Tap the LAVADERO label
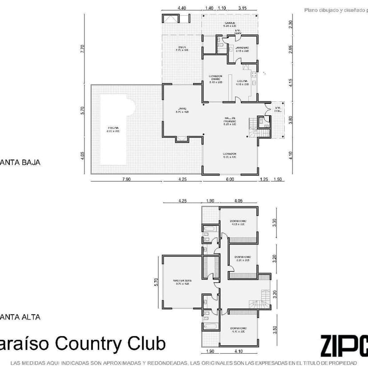coord(242,48)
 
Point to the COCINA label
coord(242,81)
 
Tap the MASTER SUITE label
coord(183,280)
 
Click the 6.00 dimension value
coord(230,179)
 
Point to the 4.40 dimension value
coord(181,8)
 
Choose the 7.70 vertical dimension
coord(82,49)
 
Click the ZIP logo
coord(344,344)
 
